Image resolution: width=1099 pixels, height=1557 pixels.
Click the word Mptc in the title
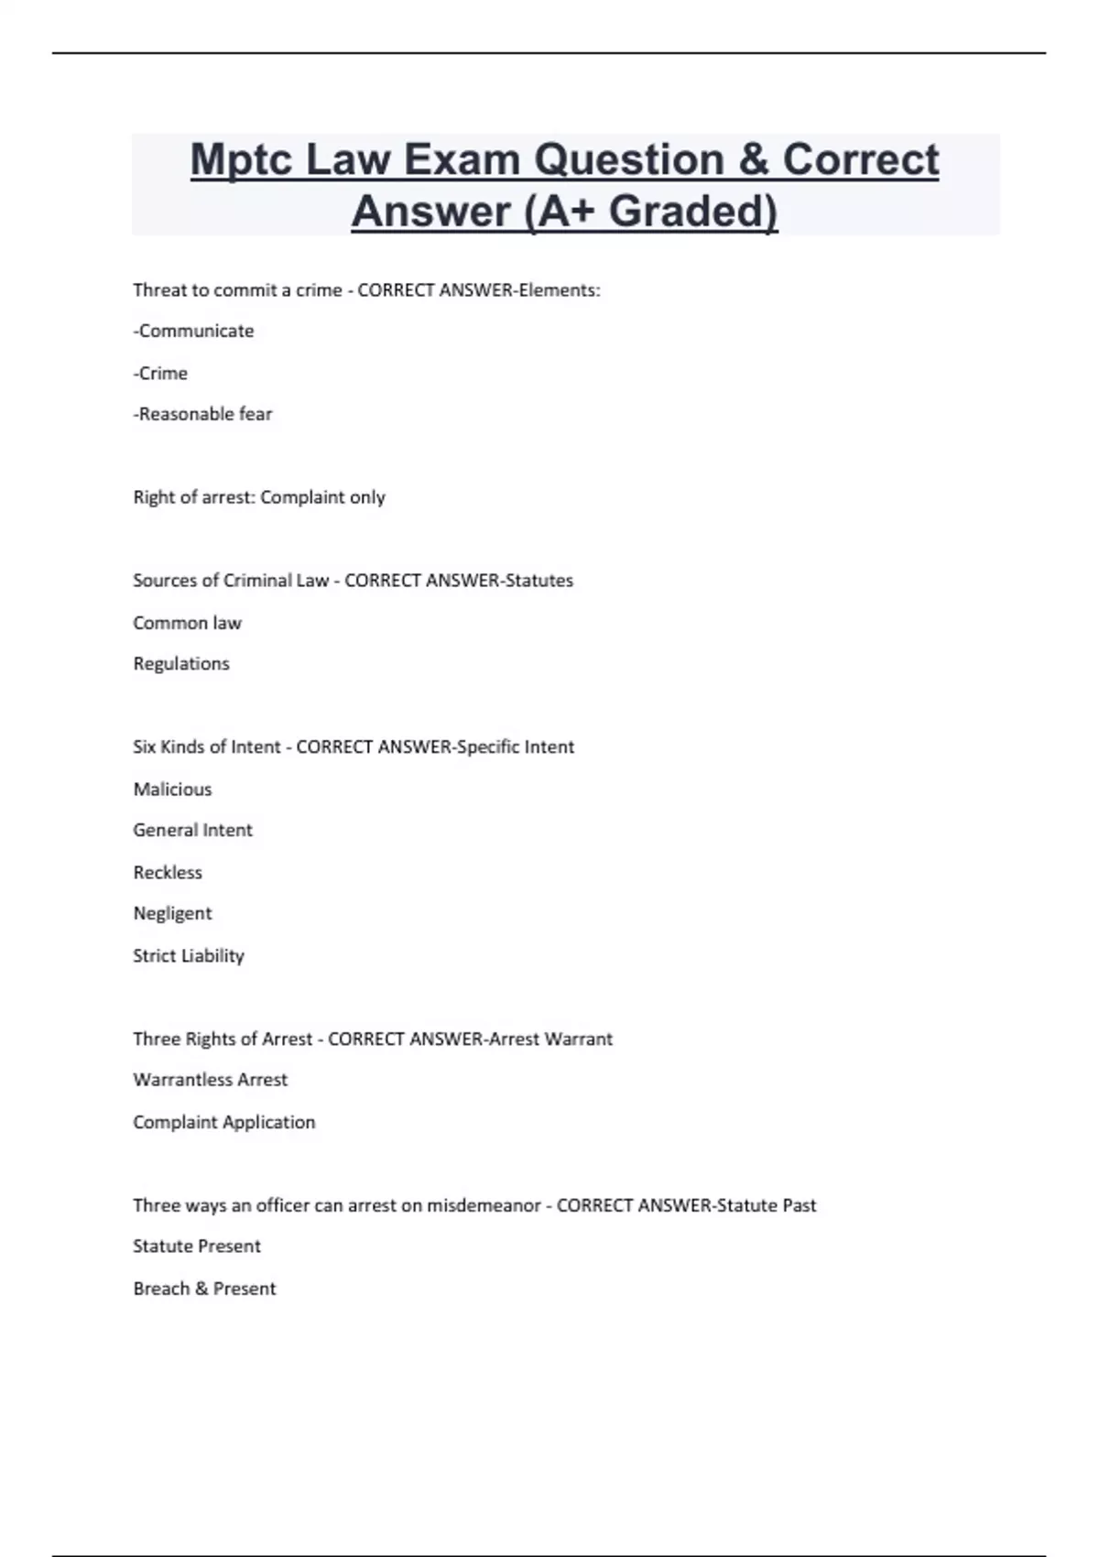pyautogui.click(x=241, y=161)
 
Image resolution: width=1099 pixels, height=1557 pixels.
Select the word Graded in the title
pyautogui.click(x=692, y=211)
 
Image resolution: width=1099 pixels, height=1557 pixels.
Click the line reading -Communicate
pyautogui.click(x=193, y=331)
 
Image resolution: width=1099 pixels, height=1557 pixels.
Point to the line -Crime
pyautogui.click(x=160, y=373)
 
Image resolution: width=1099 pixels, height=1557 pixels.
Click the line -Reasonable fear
pyautogui.click(x=202, y=414)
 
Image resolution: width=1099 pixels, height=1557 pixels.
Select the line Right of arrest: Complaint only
pyautogui.click(x=259, y=497)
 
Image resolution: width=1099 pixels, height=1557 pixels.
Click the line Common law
pyautogui.click(x=187, y=623)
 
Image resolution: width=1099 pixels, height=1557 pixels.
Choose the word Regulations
pyautogui.click(x=181, y=664)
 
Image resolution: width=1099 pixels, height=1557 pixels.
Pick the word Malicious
pyautogui.click(x=172, y=789)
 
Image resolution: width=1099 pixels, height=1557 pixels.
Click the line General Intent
pyautogui.click(x=192, y=830)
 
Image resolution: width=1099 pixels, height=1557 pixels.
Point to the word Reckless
pyautogui.click(x=168, y=872)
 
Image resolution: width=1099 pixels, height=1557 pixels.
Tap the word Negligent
pyautogui.click(x=172, y=913)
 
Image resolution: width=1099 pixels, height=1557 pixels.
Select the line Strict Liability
pyautogui.click(x=189, y=955)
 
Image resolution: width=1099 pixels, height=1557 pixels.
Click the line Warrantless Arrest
pyautogui.click(x=210, y=1080)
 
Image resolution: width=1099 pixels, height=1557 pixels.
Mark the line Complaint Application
pyautogui.click(x=223, y=1122)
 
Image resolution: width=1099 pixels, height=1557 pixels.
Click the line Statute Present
pyautogui.click(x=197, y=1246)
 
